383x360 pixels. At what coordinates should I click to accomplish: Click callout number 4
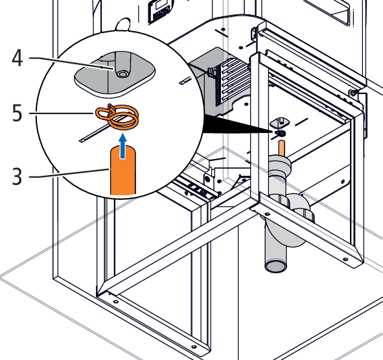click(x=17, y=58)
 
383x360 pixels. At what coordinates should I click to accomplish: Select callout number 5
click(x=17, y=113)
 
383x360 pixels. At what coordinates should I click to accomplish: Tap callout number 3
click(x=17, y=176)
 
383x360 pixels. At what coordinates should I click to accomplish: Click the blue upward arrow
click(x=123, y=146)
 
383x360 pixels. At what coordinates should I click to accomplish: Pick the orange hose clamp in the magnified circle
click(x=117, y=116)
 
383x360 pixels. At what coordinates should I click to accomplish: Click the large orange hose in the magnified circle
click(x=123, y=171)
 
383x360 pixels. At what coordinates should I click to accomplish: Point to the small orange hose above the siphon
click(x=281, y=148)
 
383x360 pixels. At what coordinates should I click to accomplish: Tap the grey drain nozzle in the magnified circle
click(x=122, y=65)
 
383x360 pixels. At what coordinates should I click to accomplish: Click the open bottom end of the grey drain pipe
click(x=276, y=267)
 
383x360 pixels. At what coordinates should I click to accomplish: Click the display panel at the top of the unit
click(x=160, y=11)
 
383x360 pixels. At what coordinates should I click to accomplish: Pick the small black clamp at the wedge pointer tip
click(x=280, y=133)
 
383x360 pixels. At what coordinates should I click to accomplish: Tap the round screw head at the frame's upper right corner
click(x=352, y=93)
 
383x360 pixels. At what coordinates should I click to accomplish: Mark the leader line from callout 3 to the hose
click(x=69, y=174)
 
